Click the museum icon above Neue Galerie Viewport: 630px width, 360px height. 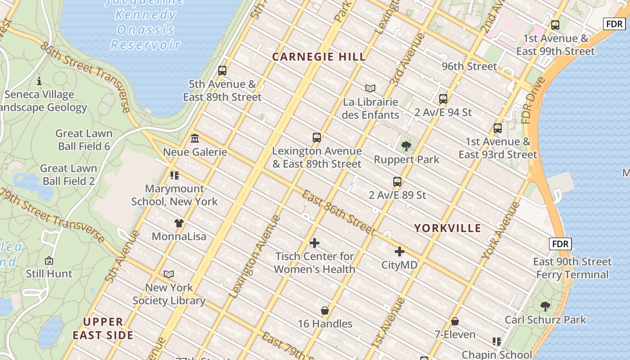pyautogui.click(x=195, y=138)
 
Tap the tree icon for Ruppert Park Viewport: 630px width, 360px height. pyautogui.click(x=406, y=146)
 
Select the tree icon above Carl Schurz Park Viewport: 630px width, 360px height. pyautogui.click(x=545, y=306)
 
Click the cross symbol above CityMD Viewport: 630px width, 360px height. pyautogui.click(x=399, y=252)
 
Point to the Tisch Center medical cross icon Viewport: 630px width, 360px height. pyautogui.click(x=315, y=243)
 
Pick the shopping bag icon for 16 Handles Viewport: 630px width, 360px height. pyautogui.click(x=325, y=310)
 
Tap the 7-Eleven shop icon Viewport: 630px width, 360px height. pyautogui.click(x=455, y=321)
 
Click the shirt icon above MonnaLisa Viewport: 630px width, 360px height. pyautogui.click(x=179, y=223)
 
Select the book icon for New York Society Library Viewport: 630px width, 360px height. pyautogui.click(x=169, y=274)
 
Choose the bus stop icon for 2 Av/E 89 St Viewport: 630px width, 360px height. pyautogui.click(x=397, y=182)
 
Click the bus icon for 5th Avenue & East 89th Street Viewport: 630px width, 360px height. pyautogui.click(x=222, y=71)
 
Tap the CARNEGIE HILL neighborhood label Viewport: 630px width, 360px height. pyautogui.click(x=319, y=57)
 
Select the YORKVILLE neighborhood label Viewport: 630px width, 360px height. pyautogui.click(x=447, y=228)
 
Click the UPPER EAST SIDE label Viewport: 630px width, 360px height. pyautogui.click(x=103, y=328)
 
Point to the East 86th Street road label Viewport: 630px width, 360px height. pyautogui.click(x=338, y=213)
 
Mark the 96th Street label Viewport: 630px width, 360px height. pyautogui.click(x=469, y=67)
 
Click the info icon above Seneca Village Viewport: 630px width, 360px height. pyautogui.click(x=39, y=81)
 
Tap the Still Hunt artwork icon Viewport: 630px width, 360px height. pyautogui.click(x=49, y=261)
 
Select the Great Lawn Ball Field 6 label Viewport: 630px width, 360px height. pyautogui.click(x=84, y=140)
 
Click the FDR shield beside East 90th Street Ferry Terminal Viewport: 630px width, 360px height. pyautogui.click(x=560, y=244)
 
